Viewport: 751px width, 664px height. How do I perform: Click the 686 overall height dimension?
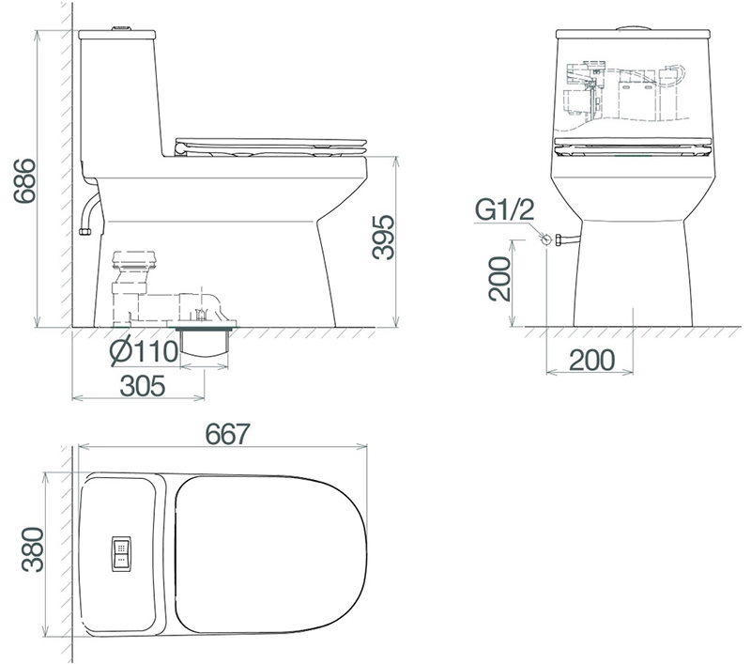[x=24, y=180]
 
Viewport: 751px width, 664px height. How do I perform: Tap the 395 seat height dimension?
[x=383, y=237]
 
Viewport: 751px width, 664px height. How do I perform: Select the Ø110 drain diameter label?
[x=145, y=351]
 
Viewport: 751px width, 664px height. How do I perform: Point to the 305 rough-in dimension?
[x=143, y=386]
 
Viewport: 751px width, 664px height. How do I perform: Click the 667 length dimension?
[x=228, y=434]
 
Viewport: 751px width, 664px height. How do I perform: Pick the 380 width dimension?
[x=33, y=549]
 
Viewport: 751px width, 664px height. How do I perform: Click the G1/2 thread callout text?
[x=505, y=209]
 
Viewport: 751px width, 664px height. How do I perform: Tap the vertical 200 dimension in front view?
[x=499, y=278]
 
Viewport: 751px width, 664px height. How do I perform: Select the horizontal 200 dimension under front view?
[x=592, y=360]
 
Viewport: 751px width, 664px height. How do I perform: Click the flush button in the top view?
[x=121, y=553]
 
